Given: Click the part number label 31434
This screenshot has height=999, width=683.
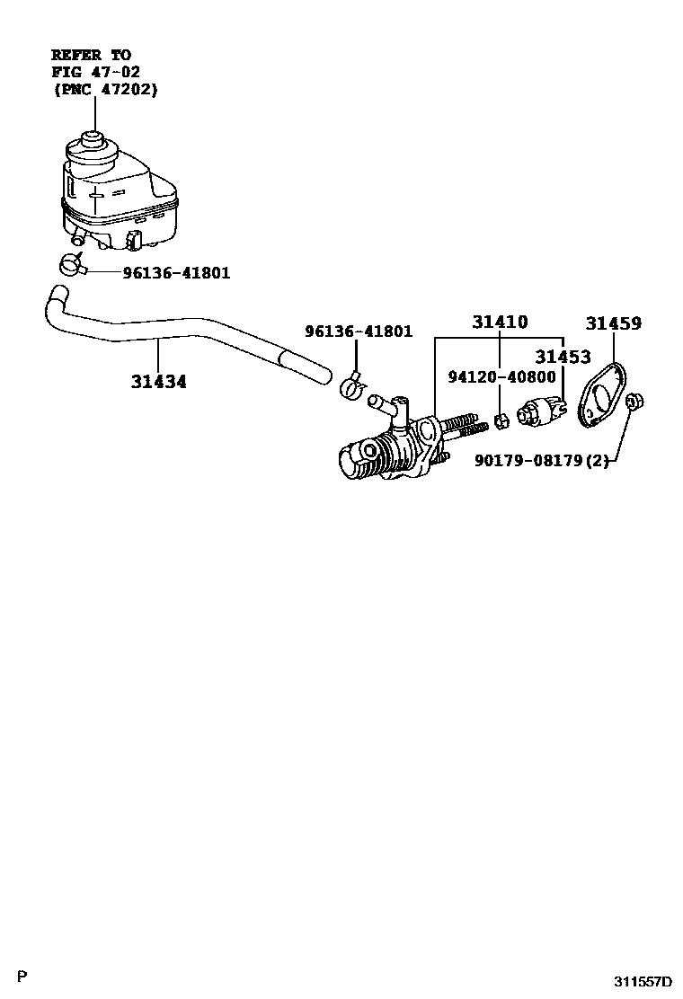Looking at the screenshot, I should coord(159,381).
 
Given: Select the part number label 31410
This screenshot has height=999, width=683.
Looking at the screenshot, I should coord(501,323).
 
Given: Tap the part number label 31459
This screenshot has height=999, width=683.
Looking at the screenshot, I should coord(614,323).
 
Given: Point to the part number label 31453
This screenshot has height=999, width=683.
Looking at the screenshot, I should coord(564,357).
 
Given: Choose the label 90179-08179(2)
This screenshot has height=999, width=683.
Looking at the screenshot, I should coord(541,461).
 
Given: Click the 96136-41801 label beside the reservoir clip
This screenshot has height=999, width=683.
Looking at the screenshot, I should coord(176,272).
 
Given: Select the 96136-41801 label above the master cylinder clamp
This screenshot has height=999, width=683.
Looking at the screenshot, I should coord(359,332).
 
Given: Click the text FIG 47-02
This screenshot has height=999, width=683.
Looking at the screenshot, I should coord(95,72).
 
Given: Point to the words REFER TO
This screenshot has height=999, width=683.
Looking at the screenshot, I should coord(90,55).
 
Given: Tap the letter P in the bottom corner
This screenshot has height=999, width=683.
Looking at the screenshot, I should coord(22,977).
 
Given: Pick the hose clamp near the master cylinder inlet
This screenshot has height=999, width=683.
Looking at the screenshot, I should coord(353,386).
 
